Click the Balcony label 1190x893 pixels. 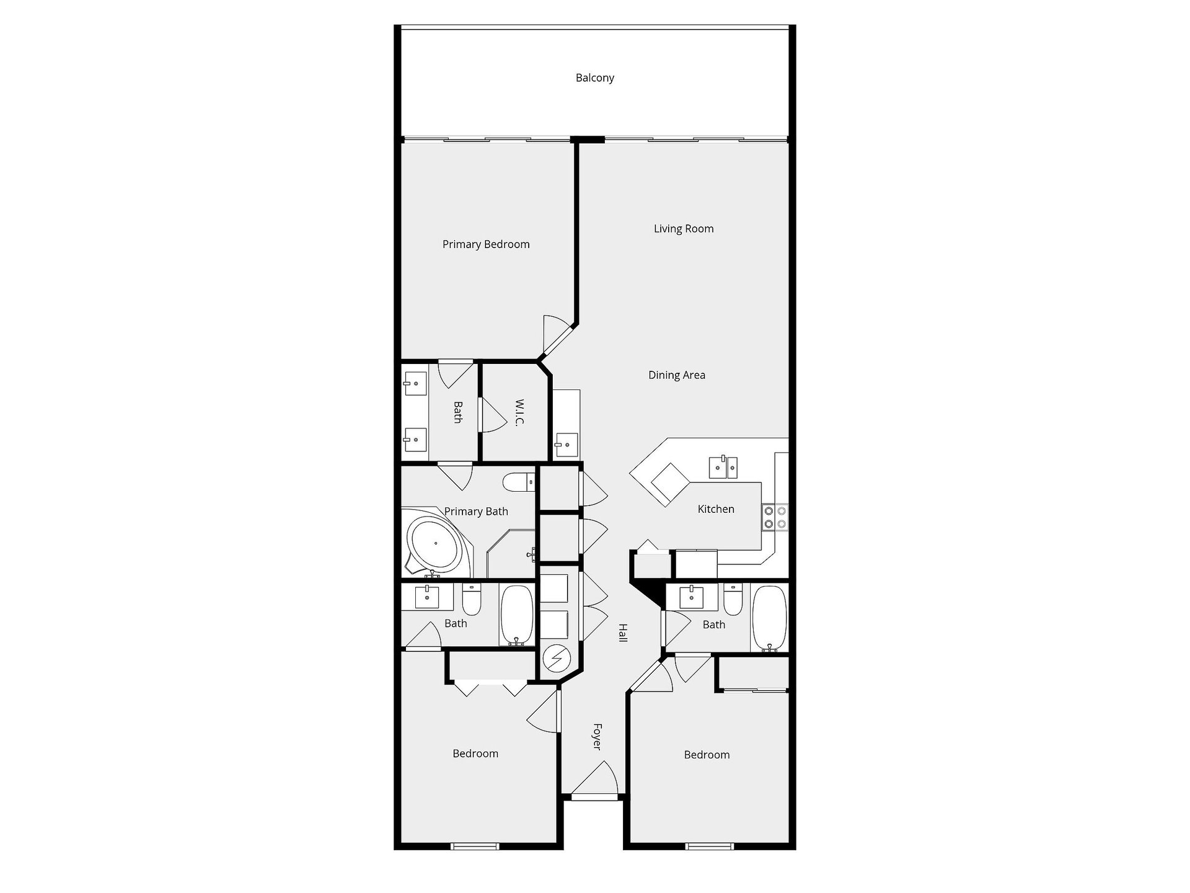pos(594,78)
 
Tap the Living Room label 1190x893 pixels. pos(684,229)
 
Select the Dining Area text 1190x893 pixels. pos(676,375)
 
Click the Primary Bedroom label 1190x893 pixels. pos(486,244)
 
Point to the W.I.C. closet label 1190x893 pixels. pos(519,412)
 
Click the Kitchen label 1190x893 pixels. pos(716,509)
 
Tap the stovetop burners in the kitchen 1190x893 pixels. pos(775,518)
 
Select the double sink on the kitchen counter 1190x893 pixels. pos(723,467)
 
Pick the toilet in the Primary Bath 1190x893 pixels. pos(519,482)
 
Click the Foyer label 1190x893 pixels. pos(597,736)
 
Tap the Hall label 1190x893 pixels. pos(623,633)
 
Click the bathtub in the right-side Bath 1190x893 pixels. pos(769,618)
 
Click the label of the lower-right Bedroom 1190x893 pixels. pos(707,755)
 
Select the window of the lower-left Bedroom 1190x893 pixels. pos(475,845)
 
